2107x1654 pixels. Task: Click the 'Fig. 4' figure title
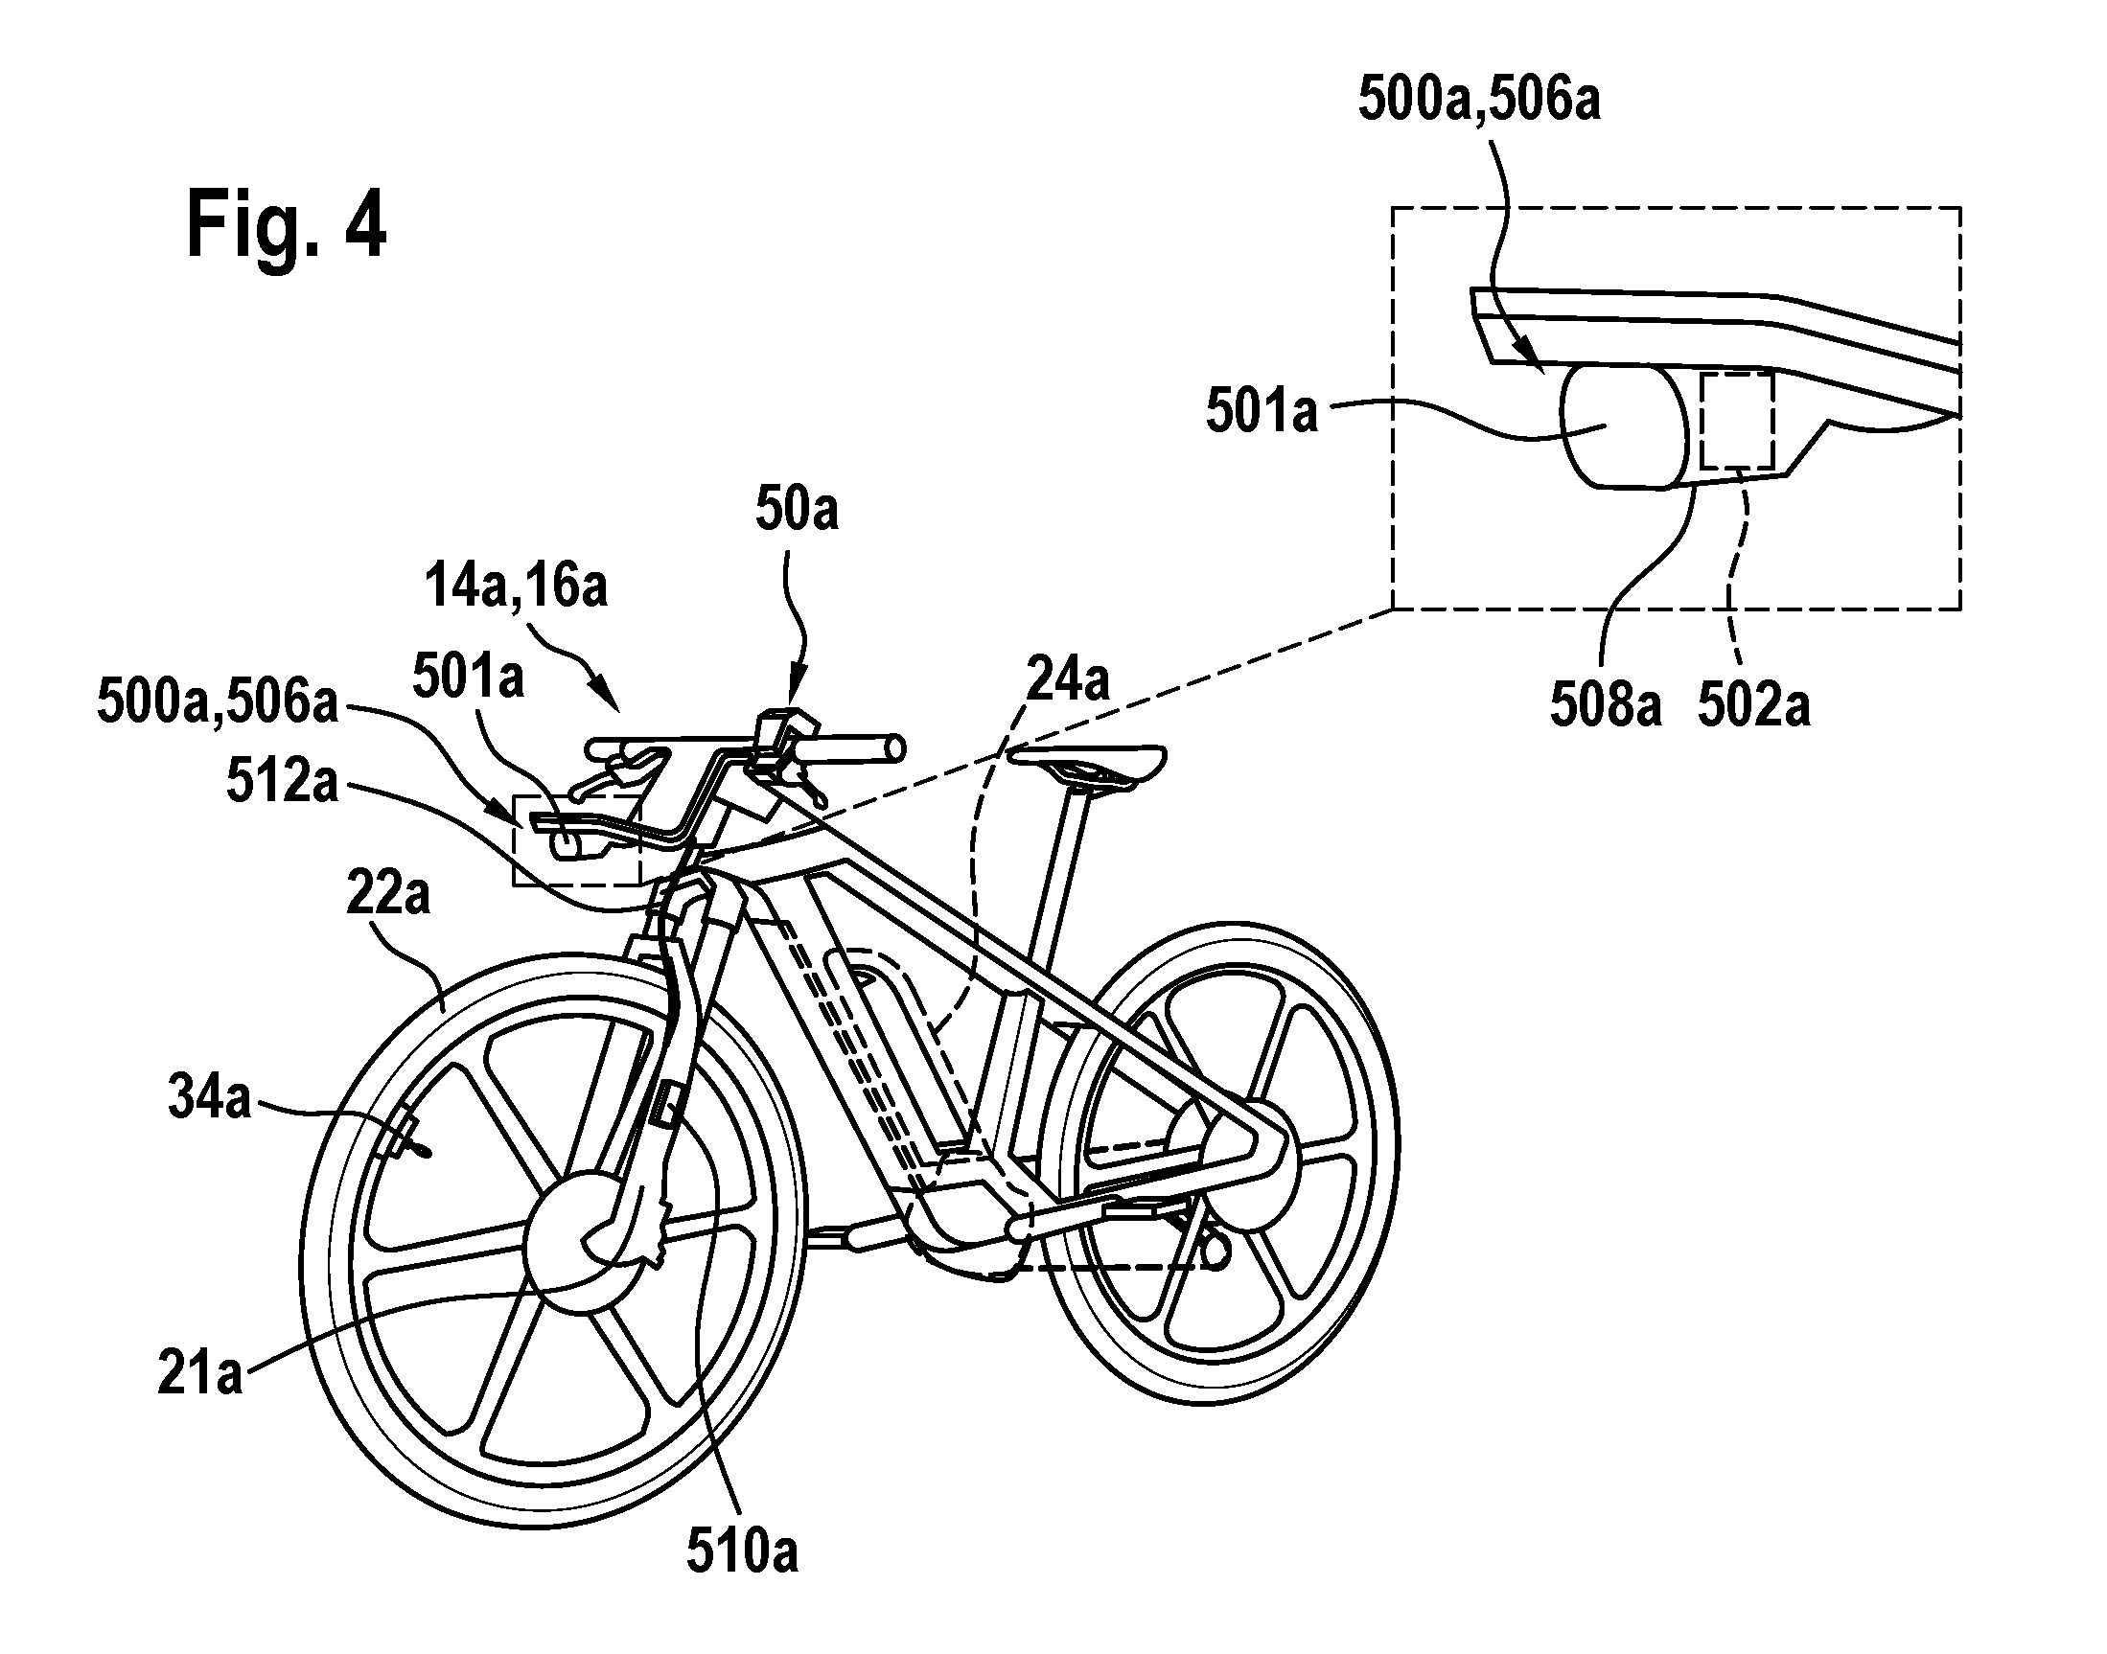point(287,223)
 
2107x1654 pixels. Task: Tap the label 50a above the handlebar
point(797,511)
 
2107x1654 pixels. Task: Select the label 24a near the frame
point(1068,680)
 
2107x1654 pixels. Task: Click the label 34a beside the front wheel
point(210,1099)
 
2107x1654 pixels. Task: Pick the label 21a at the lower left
point(199,1374)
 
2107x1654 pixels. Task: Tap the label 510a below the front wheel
point(743,1552)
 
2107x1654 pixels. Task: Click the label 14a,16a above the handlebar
point(518,587)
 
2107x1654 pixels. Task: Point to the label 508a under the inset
point(1607,706)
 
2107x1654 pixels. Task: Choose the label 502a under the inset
point(1753,706)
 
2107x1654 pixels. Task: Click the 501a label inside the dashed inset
point(1262,411)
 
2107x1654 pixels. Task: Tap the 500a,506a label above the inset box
point(1478,100)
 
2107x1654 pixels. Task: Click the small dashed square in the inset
point(1737,423)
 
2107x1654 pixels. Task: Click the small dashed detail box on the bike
point(576,840)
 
